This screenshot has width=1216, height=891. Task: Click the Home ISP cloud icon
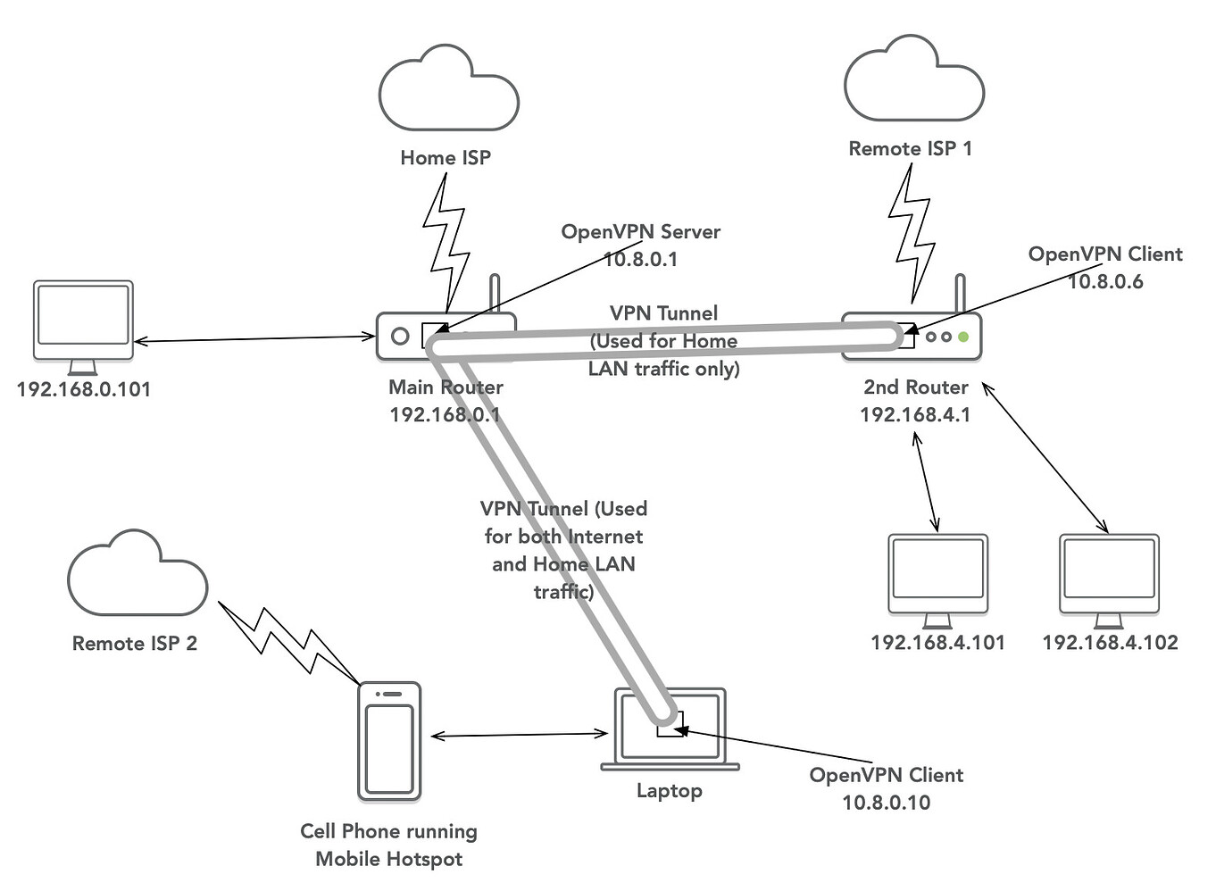click(x=448, y=90)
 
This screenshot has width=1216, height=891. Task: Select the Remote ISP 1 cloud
click(x=913, y=81)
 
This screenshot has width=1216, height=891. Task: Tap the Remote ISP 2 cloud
click(x=137, y=576)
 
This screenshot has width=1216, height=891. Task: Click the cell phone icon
click(x=389, y=741)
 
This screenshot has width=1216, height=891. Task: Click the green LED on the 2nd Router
click(x=962, y=337)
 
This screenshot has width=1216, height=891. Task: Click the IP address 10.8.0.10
click(x=886, y=803)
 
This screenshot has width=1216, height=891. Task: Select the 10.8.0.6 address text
click(x=1105, y=282)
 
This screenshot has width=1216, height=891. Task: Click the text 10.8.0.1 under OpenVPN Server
click(x=640, y=260)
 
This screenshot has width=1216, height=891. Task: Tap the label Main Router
click(x=446, y=387)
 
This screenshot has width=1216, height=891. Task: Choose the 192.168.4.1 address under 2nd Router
click(x=915, y=415)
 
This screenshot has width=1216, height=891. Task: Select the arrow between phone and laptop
click(x=519, y=735)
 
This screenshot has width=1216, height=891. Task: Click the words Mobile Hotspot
click(x=389, y=860)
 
